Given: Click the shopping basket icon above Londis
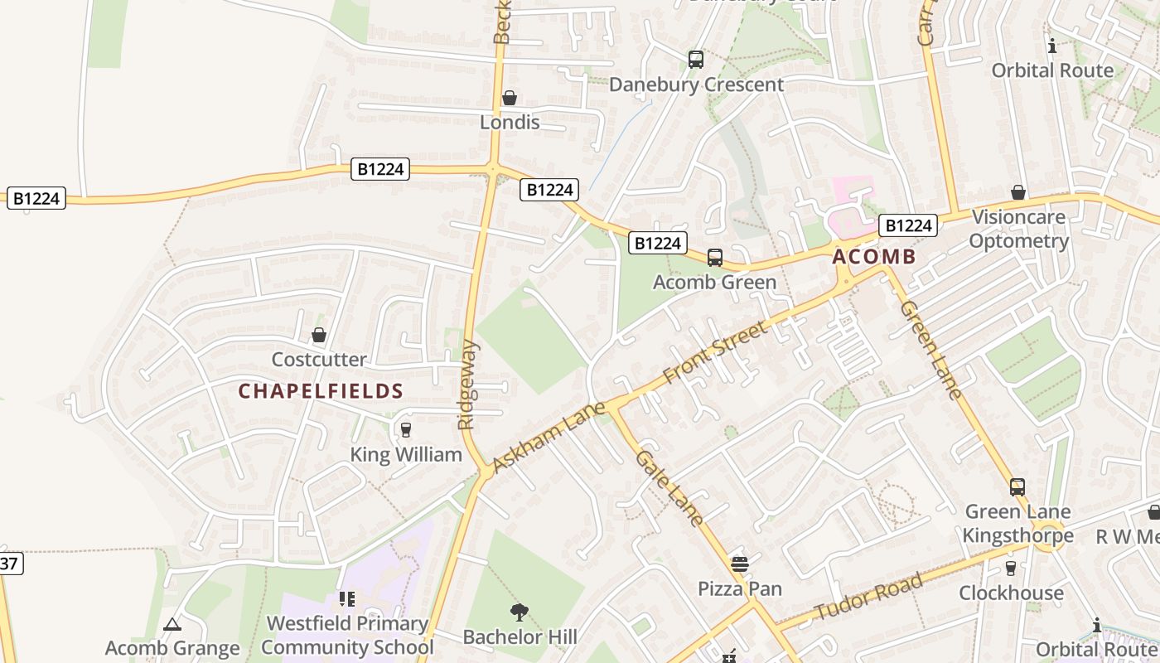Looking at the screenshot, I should click(x=510, y=99).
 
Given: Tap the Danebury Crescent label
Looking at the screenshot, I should click(x=696, y=85).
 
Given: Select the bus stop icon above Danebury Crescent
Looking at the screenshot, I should click(x=696, y=60).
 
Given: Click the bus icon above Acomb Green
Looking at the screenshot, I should click(x=715, y=258).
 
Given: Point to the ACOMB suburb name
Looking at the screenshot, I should click(x=874, y=257).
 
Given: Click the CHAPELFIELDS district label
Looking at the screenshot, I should click(x=321, y=391).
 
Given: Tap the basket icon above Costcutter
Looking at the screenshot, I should click(x=319, y=336).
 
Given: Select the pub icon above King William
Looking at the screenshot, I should click(x=405, y=430).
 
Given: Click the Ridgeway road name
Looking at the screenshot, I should click(x=468, y=385).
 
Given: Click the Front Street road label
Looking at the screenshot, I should click(x=716, y=353).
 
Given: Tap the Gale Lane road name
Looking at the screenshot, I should click(x=669, y=489).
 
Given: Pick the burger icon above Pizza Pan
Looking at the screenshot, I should click(x=740, y=564).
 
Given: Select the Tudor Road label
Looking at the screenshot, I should click(x=868, y=597).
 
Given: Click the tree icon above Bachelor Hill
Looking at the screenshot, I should click(x=520, y=612).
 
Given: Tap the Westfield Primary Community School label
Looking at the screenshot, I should click(x=347, y=635).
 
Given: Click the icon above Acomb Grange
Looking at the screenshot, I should click(x=172, y=625).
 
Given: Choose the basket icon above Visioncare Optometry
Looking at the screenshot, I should click(x=1018, y=193).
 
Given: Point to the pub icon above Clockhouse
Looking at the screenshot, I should click(x=1010, y=569).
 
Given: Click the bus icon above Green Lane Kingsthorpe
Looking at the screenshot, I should click(x=1017, y=487).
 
